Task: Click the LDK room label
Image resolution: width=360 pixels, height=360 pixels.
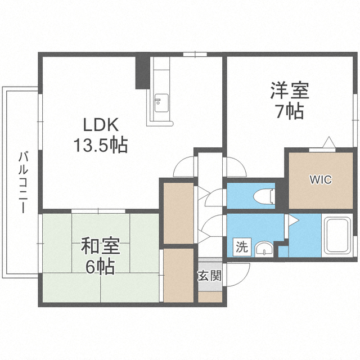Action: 101,124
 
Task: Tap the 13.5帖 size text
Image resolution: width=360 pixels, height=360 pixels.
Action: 100,145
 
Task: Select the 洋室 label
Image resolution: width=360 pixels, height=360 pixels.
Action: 290,90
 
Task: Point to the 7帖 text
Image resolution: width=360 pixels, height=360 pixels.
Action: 290,111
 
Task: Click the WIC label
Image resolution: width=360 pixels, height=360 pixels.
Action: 321,179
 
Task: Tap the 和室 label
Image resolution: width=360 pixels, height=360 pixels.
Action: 101,246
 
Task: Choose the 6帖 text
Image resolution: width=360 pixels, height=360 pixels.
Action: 100,267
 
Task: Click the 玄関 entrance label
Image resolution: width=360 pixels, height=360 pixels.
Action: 210,276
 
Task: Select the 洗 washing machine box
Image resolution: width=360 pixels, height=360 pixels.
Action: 242,247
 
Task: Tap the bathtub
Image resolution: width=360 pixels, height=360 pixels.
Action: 337,235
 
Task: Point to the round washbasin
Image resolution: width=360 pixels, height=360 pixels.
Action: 264,249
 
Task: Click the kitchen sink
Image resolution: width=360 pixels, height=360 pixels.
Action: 161,103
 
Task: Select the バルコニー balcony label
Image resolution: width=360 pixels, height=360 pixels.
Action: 23,182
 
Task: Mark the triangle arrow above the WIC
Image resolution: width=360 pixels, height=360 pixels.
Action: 329,142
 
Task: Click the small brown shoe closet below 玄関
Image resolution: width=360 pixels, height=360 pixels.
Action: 210,296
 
